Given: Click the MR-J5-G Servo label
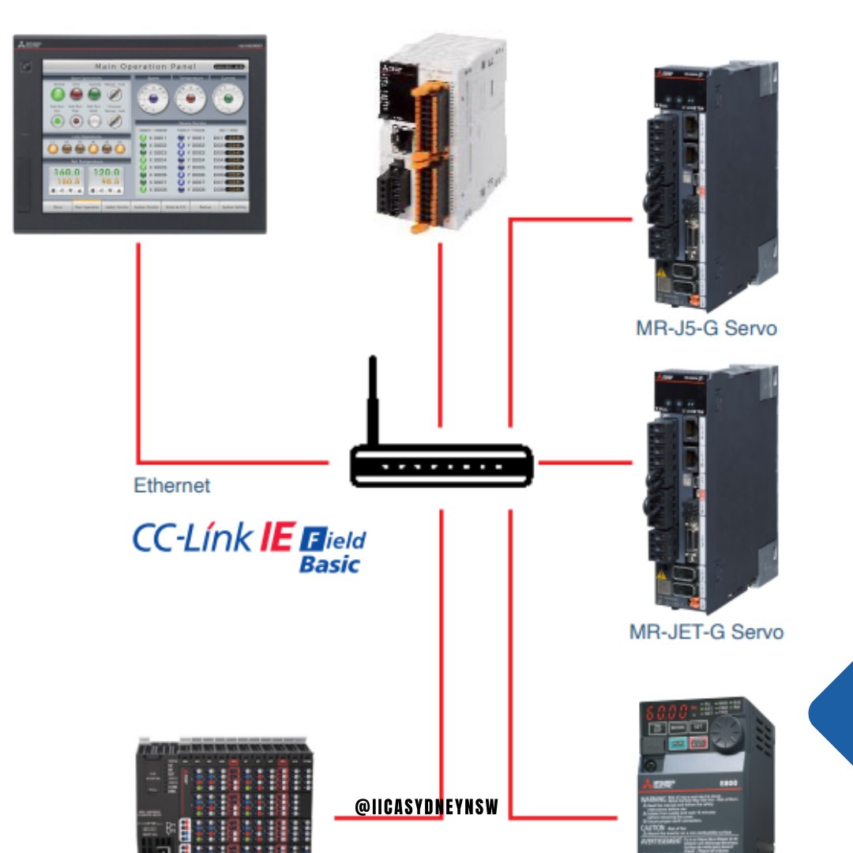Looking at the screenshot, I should coord(706,328).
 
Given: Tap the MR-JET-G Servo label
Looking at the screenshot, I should coord(706,632).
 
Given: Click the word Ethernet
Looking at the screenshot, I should coord(172,485).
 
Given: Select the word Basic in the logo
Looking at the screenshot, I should coord(329,565).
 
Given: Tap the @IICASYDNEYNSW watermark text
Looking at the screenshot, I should coord(426,806).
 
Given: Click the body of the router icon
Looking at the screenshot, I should coord(442,465).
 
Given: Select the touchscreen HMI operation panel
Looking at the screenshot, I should coord(140,134).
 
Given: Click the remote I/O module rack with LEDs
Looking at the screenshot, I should coord(224,798).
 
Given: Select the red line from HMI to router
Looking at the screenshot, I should coord(139,355).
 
